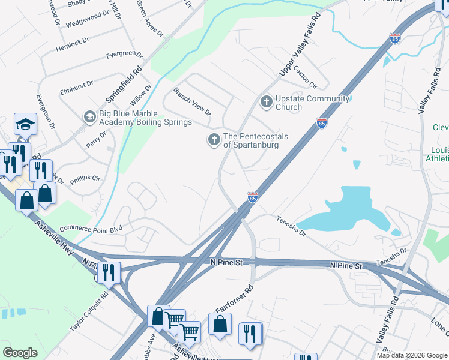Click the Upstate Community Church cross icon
266,103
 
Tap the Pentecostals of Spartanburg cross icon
214,140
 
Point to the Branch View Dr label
192,102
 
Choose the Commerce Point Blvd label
91,229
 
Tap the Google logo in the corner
20,353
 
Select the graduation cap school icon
25,124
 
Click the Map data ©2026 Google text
412,355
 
